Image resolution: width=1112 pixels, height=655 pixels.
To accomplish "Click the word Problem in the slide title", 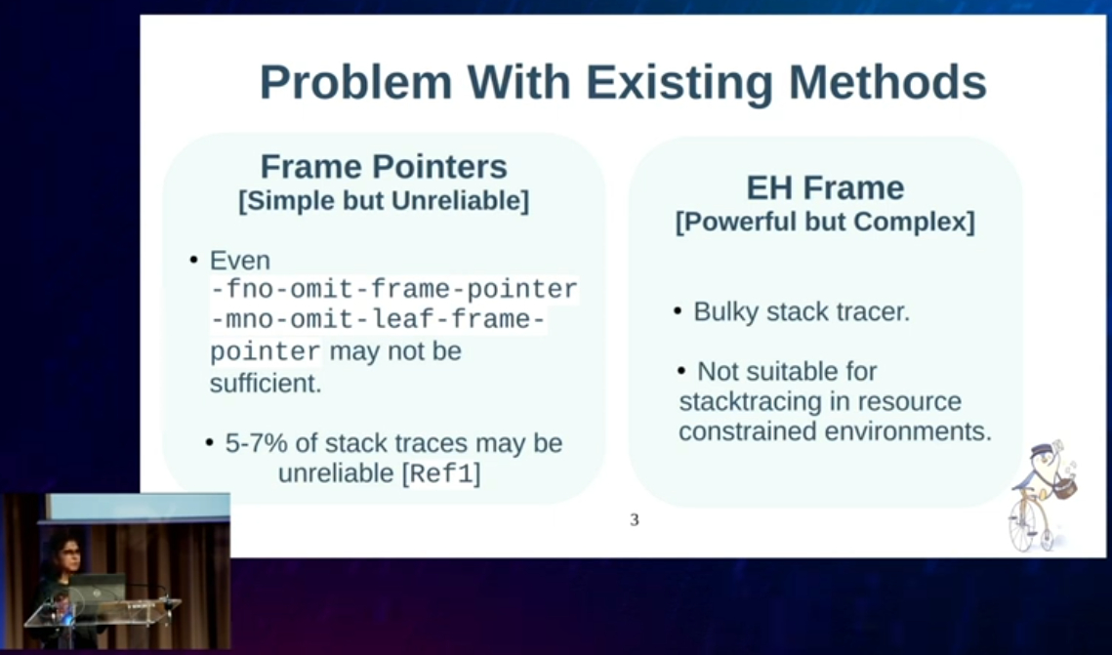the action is (x=356, y=82).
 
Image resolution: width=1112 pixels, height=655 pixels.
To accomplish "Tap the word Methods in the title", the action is (x=887, y=82).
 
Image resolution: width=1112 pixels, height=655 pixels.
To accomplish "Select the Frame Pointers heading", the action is (x=384, y=167).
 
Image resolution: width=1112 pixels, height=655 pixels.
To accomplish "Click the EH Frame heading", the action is (x=825, y=188).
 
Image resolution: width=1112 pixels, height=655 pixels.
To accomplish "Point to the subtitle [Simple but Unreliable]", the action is (x=384, y=201).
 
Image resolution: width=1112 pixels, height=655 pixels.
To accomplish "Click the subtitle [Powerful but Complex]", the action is (x=825, y=222).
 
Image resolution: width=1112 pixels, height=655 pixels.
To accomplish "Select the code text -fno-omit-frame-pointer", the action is (x=394, y=289).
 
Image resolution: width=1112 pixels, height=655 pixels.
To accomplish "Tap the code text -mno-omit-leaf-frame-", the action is (x=378, y=320).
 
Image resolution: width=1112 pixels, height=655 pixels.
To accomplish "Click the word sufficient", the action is (x=266, y=384).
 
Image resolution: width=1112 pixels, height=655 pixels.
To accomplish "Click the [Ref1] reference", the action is (x=441, y=473).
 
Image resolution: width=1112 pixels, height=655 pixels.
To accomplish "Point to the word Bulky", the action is (x=726, y=312).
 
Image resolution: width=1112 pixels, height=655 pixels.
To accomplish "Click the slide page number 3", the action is (x=634, y=520).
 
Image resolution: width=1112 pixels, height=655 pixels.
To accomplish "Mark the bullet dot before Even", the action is (x=193, y=261).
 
